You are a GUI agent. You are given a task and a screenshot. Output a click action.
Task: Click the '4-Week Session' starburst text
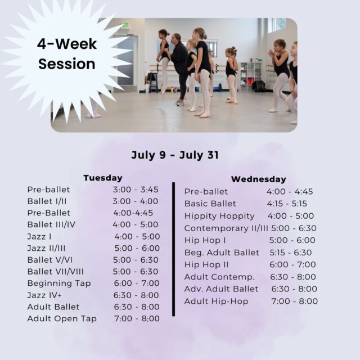pyautogui.click(x=67, y=54)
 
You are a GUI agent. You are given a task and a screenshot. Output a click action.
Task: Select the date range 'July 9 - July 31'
pyautogui.click(x=175, y=155)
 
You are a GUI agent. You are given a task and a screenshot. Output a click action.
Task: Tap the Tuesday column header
pyautogui.click(x=103, y=178)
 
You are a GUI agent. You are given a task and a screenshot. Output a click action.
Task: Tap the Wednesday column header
pyautogui.click(x=259, y=179)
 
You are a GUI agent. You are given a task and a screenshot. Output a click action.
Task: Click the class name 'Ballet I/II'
pyautogui.click(x=47, y=201)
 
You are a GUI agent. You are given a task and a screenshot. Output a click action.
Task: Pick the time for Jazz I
pyautogui.click(x=137, y=236)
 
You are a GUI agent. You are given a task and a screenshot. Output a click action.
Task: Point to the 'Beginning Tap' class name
pyautogui.click(x=59, y=283)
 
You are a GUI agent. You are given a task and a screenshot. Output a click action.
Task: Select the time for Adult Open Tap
pyautogui.click(x=137, y=318)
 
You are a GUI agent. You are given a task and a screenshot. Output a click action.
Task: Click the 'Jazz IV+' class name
pyautogui.click(x=44, y=295)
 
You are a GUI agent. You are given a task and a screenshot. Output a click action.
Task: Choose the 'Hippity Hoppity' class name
pyautogui.click(x=219, y=216)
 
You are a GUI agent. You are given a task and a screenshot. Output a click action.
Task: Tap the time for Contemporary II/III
pyautogui.click(x=294, y=228)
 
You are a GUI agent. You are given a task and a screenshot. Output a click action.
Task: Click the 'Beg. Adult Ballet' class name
pyautogui.click(x=222, y=253)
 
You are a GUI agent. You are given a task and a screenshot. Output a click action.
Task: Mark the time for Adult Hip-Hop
pyautogui.click(x=295, y=301)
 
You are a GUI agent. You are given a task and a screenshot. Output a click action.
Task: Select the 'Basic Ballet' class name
pyautogui.click(x=210, y=204)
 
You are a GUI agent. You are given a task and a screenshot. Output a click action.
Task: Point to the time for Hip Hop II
pyautogui.click(x=292, y=264)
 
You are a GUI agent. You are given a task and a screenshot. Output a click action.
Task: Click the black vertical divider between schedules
pyautogui.click(x=174, y=249)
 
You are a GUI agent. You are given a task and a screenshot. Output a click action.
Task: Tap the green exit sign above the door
pyautogui.click(x=125, y=25)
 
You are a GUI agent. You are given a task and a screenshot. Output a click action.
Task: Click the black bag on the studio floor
pyautogui.click(x=259, y=86)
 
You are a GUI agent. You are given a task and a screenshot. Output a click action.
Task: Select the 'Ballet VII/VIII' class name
pyautogui.click(x=56, y=272)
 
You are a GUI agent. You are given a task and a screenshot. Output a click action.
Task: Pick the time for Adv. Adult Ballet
pyautogui.click(x=294, y=289)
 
